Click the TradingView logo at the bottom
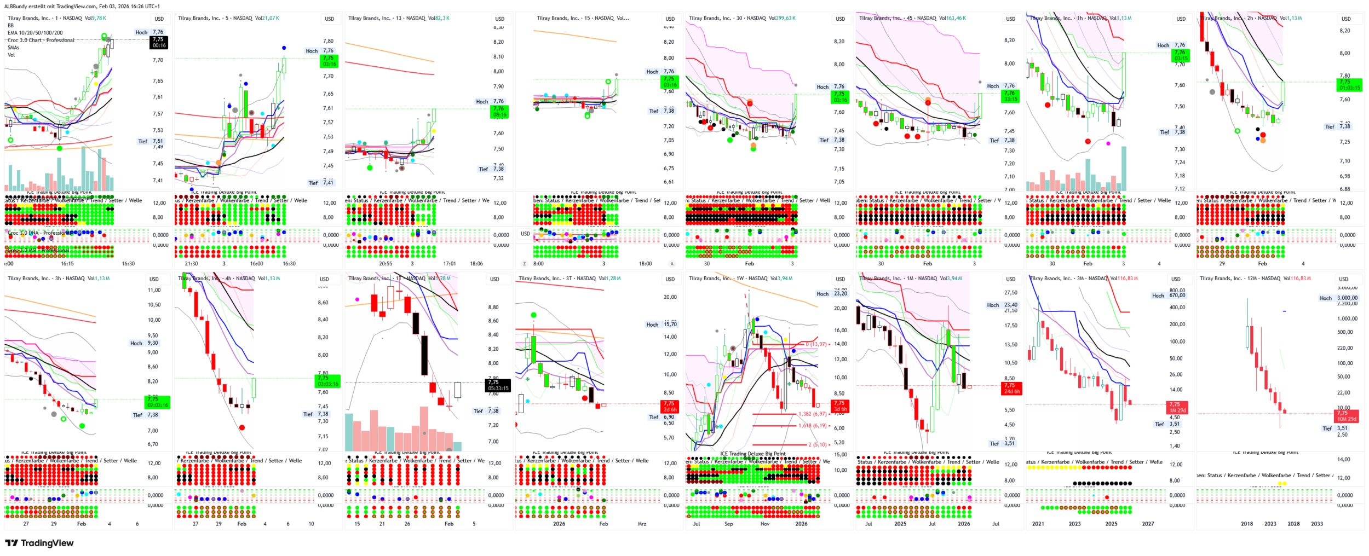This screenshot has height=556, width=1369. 39,543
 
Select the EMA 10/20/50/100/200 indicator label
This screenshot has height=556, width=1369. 35,33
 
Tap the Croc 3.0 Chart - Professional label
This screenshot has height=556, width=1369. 41,40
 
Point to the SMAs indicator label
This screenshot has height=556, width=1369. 14,48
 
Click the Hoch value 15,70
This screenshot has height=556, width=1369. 670,325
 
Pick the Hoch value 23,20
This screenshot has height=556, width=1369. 841,294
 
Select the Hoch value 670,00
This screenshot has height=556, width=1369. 1177,296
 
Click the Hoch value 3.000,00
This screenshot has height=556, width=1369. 1347,298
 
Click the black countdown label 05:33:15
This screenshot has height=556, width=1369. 498,388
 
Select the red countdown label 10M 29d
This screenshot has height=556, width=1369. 1347,419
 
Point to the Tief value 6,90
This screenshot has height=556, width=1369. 669,417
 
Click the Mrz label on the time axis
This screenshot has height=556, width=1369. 642,524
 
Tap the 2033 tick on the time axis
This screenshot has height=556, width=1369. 1317,524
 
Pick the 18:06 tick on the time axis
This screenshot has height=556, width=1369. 476,264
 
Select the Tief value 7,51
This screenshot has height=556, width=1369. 158,141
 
